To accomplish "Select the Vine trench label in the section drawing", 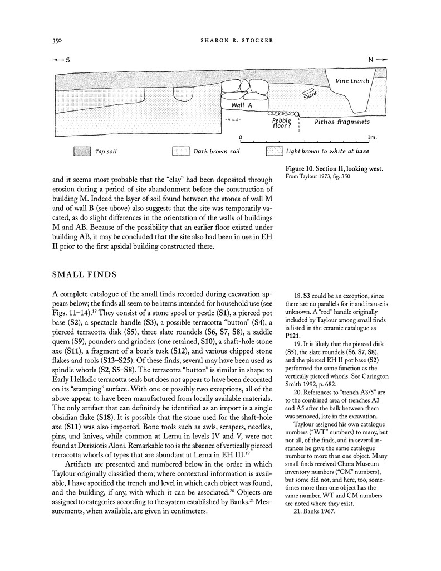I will coord(352,81).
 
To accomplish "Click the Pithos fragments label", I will coord(342,121).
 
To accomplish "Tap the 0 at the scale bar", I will coord(240,136).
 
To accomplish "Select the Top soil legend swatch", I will coord(82,151).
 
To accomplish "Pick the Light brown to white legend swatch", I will coord(274,151).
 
